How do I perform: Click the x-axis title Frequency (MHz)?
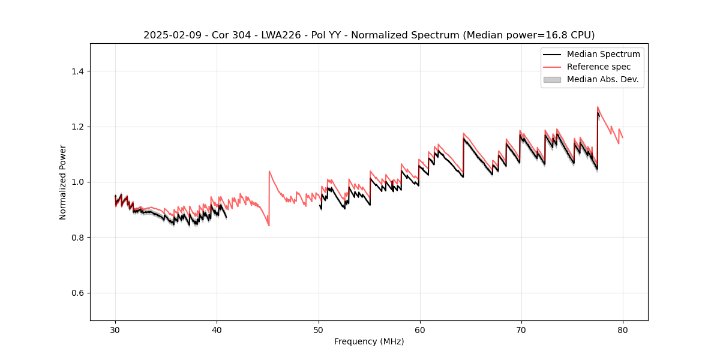point(369,341)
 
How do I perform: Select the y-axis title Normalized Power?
point(62,182)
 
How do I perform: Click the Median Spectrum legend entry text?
point(603,54)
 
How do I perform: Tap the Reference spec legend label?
point(599,67)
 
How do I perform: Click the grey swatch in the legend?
point(552,79)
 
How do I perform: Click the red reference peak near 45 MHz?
point(269,171)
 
